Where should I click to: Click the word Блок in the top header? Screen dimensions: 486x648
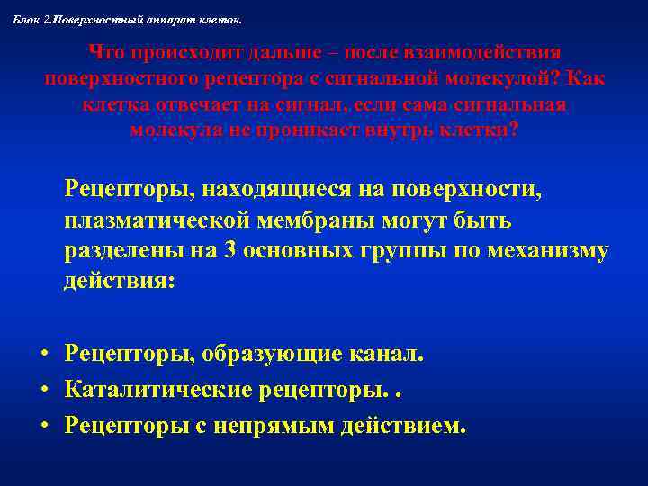pos(26,19)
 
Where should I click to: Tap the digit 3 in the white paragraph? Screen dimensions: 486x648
pos(228,250)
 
